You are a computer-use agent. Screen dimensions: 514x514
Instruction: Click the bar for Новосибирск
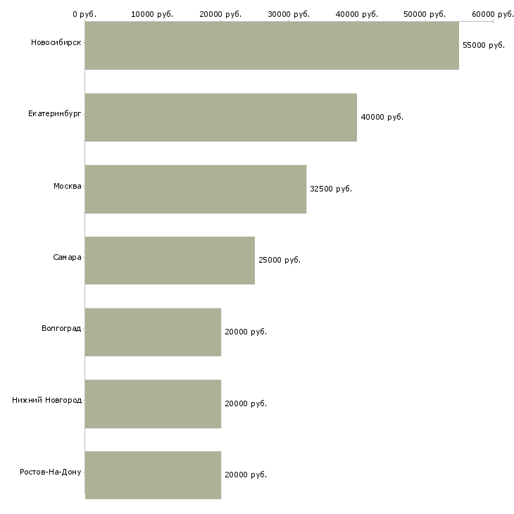[272, 46]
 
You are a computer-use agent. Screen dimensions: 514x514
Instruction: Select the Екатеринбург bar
[221, 118]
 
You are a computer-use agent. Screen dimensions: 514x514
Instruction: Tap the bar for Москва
[196, 189]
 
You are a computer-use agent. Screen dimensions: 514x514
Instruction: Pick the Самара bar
[170, 261]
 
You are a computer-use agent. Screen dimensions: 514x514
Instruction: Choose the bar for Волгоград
[153, 332]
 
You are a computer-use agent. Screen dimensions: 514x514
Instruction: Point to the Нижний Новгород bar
[153, 403]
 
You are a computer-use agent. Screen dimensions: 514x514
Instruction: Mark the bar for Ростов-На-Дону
[153, 475]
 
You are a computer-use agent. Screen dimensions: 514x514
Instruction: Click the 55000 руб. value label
[484, 45]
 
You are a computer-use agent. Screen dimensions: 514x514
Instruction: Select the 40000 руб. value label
[382, 117]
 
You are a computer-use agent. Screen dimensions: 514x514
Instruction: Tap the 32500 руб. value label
[331, 189]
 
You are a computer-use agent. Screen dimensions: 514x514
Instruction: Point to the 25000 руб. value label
[280, 261]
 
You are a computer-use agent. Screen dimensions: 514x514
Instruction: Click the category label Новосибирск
[56, 42]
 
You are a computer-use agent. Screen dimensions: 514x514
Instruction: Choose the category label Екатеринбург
[55, 113]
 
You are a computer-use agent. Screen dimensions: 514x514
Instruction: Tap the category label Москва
[68, 186]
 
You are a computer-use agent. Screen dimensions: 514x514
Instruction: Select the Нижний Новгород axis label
[47, 400]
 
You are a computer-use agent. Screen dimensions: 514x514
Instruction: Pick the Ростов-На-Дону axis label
[51, 472]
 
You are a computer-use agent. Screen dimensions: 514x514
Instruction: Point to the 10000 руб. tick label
[152, 14]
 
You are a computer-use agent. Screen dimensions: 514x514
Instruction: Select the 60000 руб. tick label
[493, 14]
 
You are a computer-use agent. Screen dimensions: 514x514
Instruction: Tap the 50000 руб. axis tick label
[425, 14]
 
